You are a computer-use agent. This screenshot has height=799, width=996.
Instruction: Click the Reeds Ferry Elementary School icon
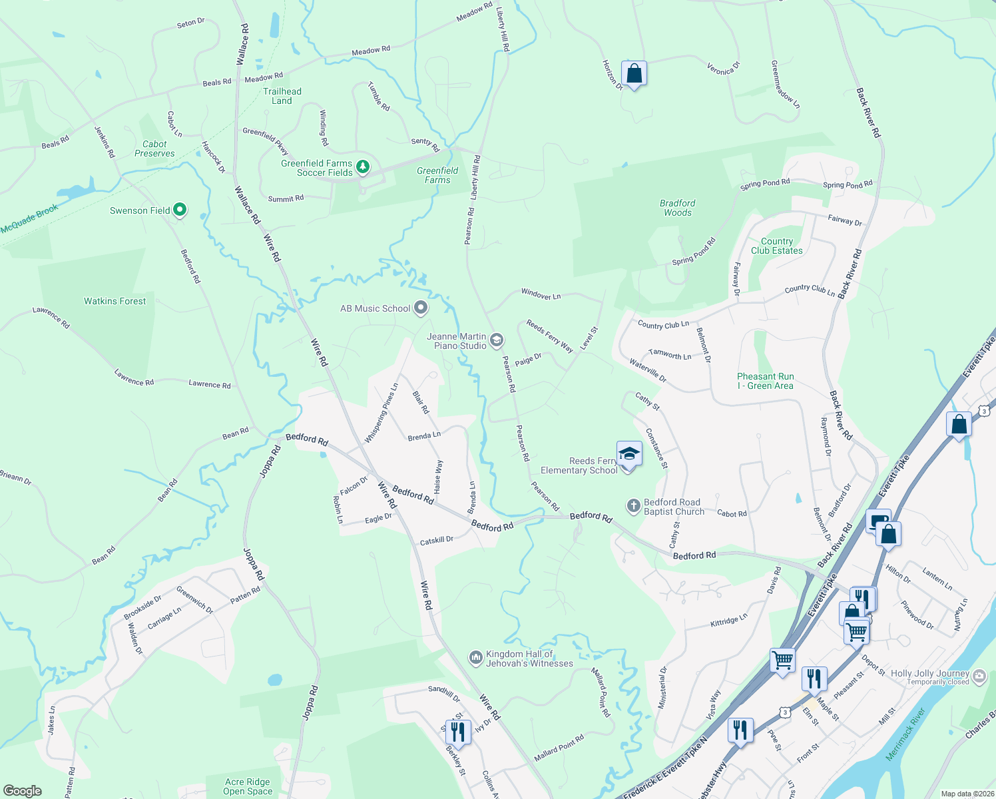(x=629, y=455)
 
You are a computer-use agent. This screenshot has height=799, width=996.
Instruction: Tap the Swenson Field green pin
(x=179, y=210)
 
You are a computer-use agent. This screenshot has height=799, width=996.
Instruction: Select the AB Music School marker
(x=420, y=308)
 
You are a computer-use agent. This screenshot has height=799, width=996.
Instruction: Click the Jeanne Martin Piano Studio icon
(x=496, y=341)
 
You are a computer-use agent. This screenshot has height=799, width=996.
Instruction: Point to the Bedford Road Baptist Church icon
(x=633, y=507)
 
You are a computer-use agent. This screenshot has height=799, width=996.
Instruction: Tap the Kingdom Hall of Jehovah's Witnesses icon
(x=475, y=658)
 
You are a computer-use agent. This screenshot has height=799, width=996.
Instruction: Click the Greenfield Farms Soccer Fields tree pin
(x=363, y=167)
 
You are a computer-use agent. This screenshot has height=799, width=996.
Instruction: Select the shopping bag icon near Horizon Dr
(x=634, y=73)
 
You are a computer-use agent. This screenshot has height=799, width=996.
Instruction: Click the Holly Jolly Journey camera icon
(x=979, y=676)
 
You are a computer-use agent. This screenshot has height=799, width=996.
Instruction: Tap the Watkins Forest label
(x=115, y=301)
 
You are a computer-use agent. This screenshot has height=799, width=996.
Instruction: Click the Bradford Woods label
(x=678, y=208)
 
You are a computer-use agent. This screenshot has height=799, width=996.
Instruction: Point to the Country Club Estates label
(x=777, y=246)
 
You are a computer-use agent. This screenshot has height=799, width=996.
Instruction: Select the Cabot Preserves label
(x=154, y=148)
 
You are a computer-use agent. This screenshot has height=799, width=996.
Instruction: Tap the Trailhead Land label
(x=282, y=96)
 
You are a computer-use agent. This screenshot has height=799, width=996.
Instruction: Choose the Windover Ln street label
(x=541, y=294)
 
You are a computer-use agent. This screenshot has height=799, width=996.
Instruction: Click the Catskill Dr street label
(x=436, y=541)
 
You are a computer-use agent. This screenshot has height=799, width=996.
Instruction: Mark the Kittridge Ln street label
(x=729, y=621)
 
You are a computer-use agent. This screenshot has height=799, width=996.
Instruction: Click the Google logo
(x=23, y=790)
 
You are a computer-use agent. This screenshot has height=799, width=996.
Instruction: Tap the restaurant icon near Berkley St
(x=457, y=731)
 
